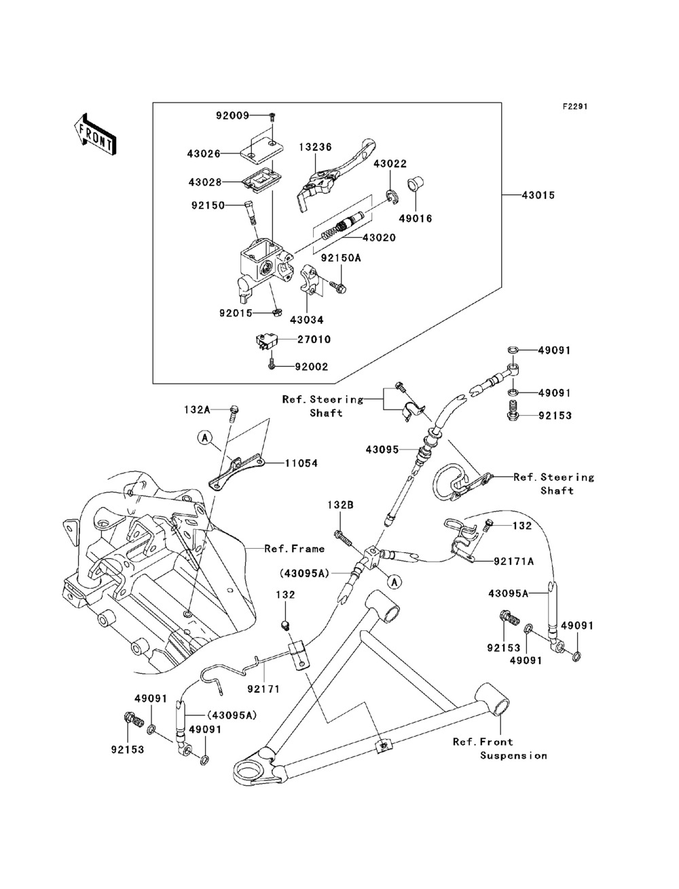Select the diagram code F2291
(574, 107)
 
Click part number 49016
(416, 219)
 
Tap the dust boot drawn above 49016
(415, 185)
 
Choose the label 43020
(380, 238)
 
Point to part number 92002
(311, 367)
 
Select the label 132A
(198, 410)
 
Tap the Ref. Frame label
(294, 548)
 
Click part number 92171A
(513, 561)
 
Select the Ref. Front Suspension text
(499, 748)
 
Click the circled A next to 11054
(204, 439)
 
